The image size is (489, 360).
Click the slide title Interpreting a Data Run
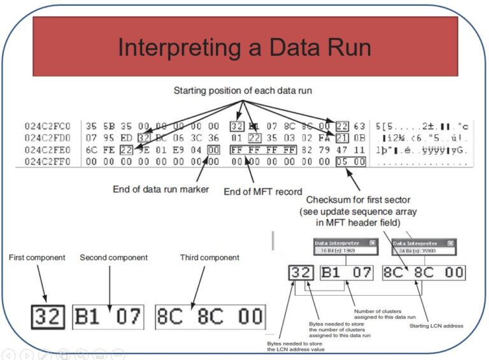pyautogui.click(x=244, y=48)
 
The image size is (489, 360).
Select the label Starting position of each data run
pyautogui.click(x=243, y=91)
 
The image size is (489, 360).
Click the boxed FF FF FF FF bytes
pyautogui.click(x=263, y=150)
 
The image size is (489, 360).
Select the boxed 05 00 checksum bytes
pyautogui.click(x=350, y=162)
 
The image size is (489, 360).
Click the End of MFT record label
pyautogui.click(x=262, y=191)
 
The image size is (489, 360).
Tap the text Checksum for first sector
pyautogui.click(x=357, y=201)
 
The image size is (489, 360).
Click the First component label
pyautogui.click(x=36, y=257)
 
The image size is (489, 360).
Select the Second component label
pyautogui.click(x=113, y=257)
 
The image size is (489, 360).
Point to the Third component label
pyautogui.click(x=209, y=257)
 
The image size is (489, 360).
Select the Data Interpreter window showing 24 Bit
pyautogui.click(x=423, y=247)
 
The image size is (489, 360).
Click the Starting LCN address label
pyautogui.click(x=436, y=326)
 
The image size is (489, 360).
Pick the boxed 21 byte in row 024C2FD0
pyautogui.click(x=342, y=138)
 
